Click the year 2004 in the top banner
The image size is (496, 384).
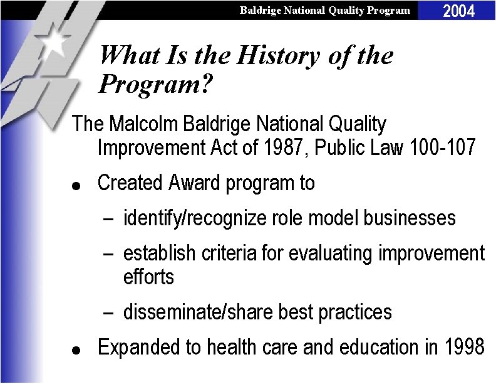click(459, 10)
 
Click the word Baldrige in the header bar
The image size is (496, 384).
click(260, 10)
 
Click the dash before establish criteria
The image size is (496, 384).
click(109, 254)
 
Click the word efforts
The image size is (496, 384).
click(148, 277)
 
